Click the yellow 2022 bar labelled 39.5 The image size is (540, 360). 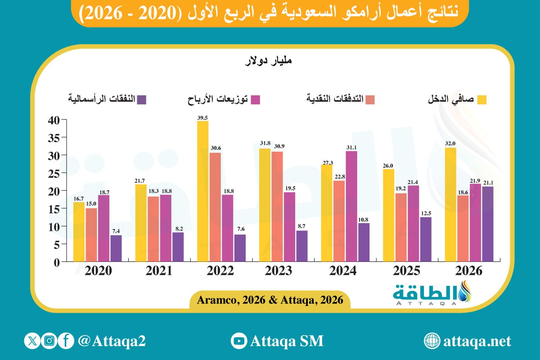point(203,191)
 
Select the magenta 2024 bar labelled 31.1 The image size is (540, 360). point(351,207)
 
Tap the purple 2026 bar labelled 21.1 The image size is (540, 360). point(488,224)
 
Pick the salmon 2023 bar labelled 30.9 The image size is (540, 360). point(277,207)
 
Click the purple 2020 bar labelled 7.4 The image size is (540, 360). point(116,248)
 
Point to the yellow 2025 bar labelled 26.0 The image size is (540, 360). point(389,215)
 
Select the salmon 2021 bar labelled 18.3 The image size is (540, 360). point(153,229)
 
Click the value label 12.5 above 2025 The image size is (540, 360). point(426,213)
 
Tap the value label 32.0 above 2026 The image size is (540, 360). point(450,144)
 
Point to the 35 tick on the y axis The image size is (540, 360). point(54,138)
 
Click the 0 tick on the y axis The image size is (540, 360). point(57,263)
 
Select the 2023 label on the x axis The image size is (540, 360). point(279,271)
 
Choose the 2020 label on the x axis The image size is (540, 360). point(99,271)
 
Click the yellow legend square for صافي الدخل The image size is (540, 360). point(482,100)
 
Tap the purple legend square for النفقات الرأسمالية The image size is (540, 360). point(141,100)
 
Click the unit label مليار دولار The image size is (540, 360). point(269,60)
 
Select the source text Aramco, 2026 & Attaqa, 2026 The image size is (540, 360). point(270,300)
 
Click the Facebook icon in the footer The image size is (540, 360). point(66,341)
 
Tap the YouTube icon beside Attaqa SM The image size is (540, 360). point(238,341)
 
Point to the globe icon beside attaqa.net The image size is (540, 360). point(432,341)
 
